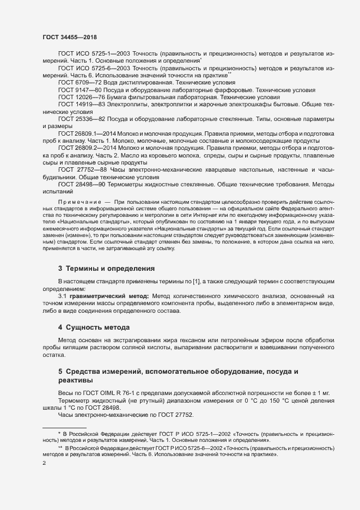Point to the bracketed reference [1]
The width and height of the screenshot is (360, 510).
pos(193,281)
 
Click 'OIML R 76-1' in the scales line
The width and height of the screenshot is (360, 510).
pos(121,393)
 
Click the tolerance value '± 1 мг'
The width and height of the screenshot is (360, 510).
pos(322,393)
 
